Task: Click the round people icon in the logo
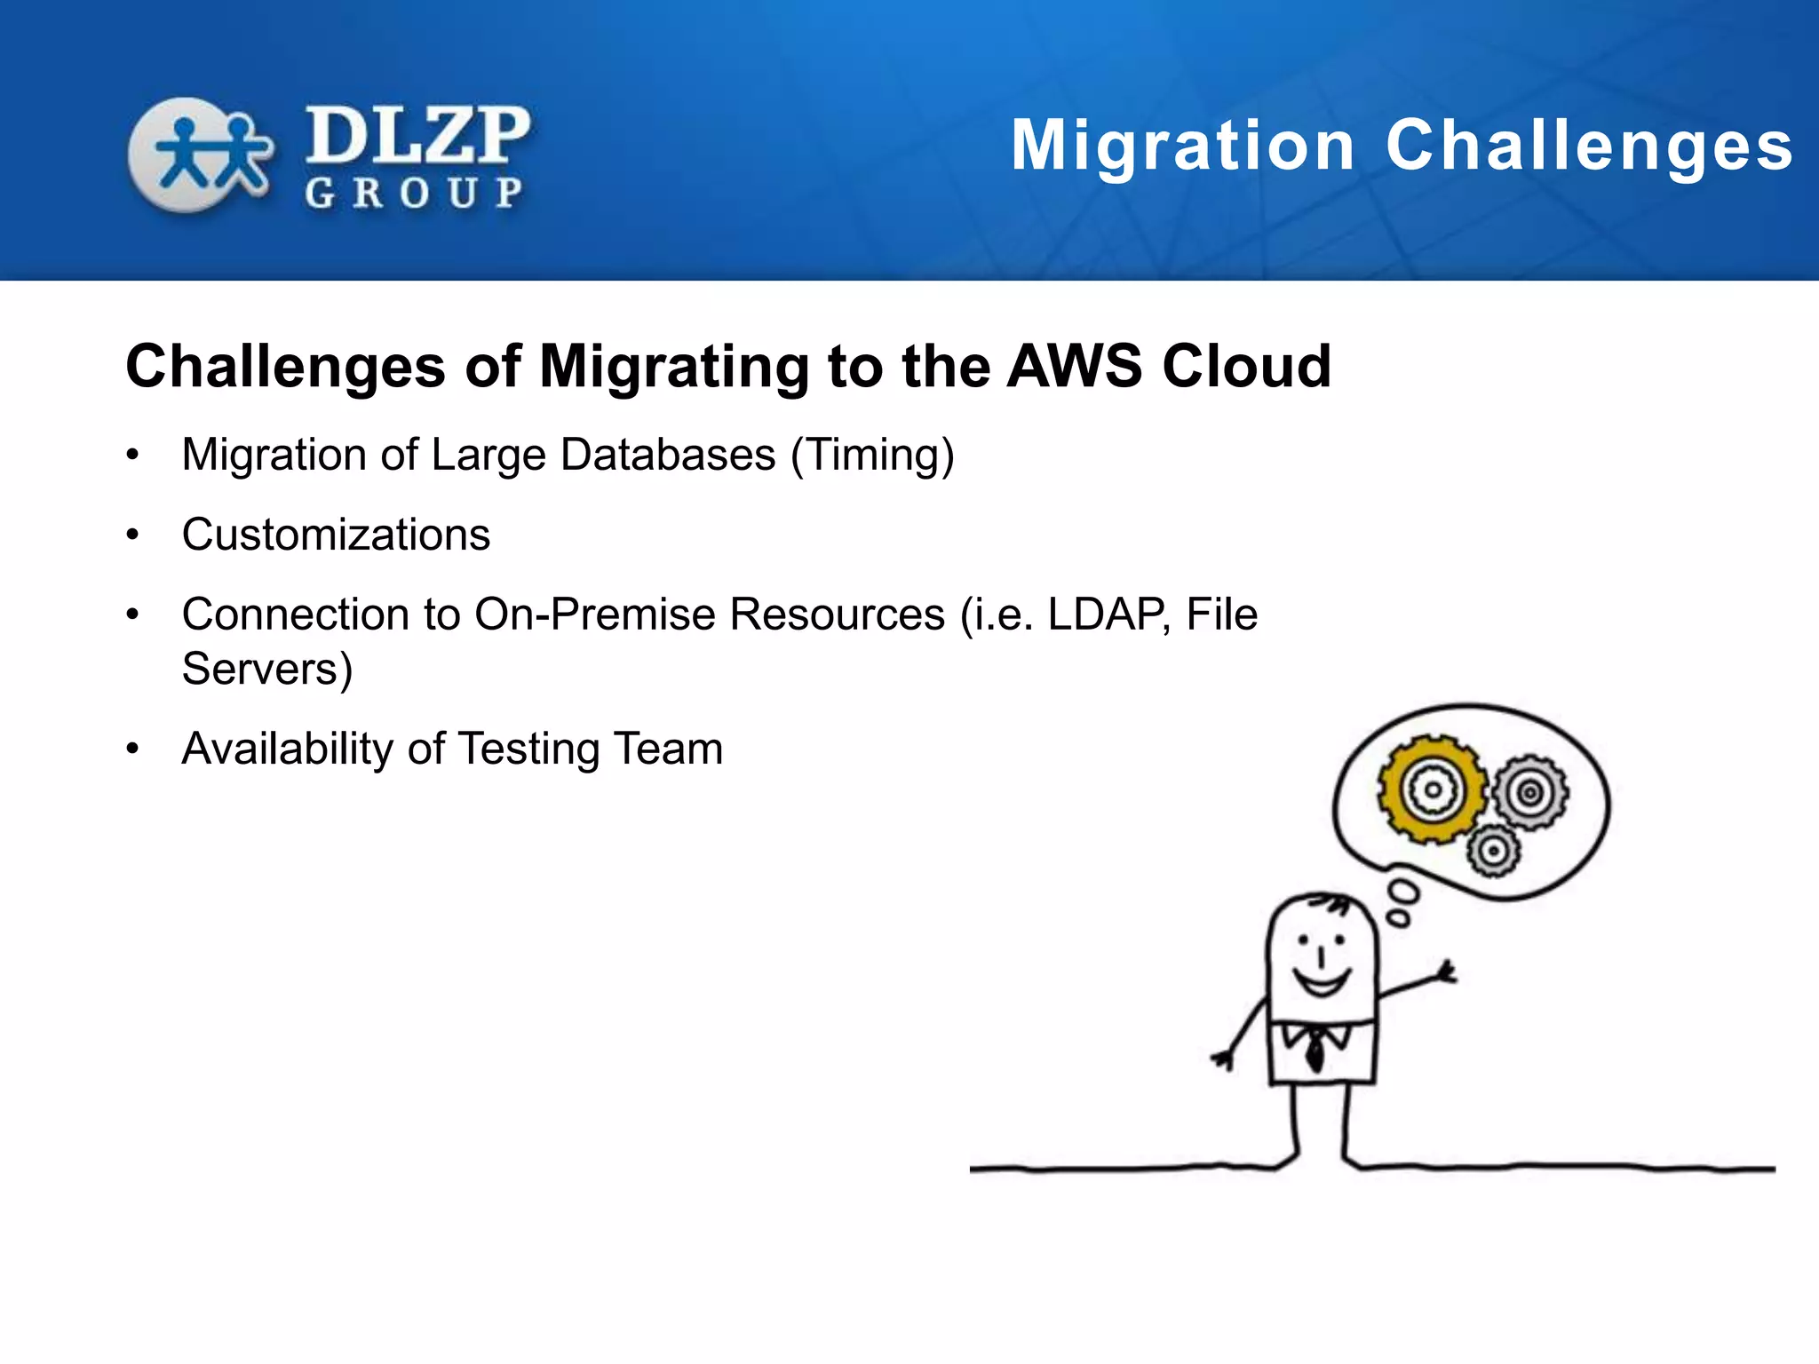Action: point(200,155)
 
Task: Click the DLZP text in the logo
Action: point(417,136)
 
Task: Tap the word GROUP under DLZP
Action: point(414,193)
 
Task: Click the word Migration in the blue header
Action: point(1182,146)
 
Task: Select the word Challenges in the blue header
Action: point(1589,146)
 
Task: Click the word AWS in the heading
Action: point(1074,366)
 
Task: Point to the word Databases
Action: point(668,455)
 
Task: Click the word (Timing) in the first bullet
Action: point(872,456)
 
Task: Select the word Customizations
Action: point(336,535)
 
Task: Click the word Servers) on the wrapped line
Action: point(267,669)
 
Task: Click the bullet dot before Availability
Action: point(133,749)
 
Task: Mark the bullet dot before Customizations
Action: point(133,535)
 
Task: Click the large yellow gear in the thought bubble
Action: point(1431,789)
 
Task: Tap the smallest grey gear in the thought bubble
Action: point(1493,851)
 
